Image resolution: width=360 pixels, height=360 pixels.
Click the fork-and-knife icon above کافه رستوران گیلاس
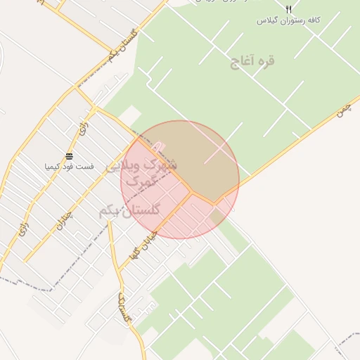[288, 8]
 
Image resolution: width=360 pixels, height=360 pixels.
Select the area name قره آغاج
[252, 61]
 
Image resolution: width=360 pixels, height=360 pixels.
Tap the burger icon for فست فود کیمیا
[69, 156]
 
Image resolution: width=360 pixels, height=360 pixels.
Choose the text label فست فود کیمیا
[69, 167]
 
